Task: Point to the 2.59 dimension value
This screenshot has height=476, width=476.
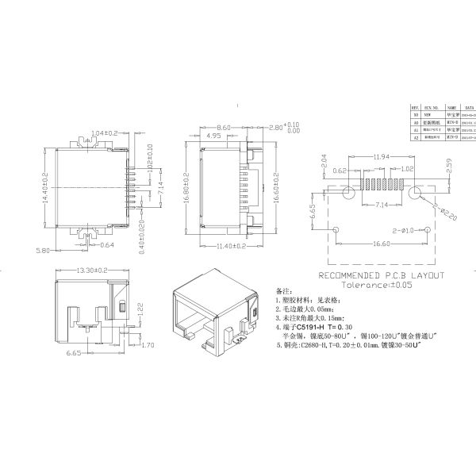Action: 449,169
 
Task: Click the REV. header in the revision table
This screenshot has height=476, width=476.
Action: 415,106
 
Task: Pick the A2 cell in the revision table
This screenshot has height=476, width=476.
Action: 415,137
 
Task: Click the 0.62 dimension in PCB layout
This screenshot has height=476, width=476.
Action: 340,171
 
